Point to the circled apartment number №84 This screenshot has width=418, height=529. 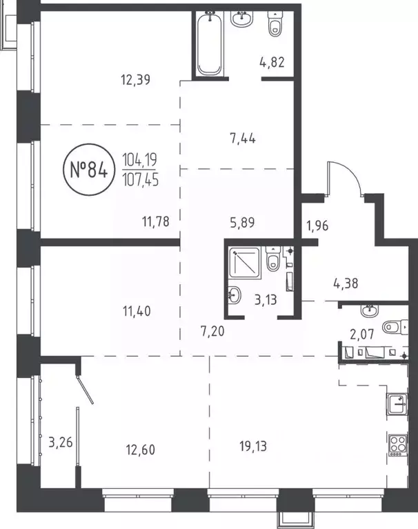pos(88,168)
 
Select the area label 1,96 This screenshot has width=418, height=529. pos(319,224)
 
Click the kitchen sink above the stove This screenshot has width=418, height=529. pos(399,403)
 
